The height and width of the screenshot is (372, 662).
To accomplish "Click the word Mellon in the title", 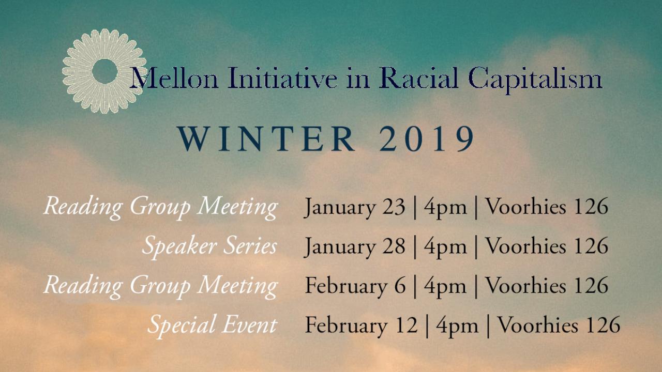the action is [x=174, y=78].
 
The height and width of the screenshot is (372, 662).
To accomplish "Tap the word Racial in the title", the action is [x=418, y=78].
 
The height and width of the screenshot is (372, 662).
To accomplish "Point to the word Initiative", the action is [x=282, y=78].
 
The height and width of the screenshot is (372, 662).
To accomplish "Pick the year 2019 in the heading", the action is [x=427, y=139].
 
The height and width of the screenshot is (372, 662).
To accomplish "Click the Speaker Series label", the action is [x=209, y=246].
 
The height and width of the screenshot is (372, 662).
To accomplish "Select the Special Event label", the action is [x=212, y=326].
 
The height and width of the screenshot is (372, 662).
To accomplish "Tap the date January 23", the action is [x=355, y=207].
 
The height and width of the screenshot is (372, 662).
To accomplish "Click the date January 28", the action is [x=355, y=247].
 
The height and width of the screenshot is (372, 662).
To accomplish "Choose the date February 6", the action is [x=355, y=286].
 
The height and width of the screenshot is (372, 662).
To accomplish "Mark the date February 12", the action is [x=361, y=326].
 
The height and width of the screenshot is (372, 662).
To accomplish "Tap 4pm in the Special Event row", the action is [x=457, y=326].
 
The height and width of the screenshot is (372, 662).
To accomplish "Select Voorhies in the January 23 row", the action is [x=526, y=206].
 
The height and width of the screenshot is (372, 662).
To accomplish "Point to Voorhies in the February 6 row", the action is [x=526, y=285].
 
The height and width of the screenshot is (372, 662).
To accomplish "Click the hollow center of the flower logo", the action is [x=104, y=71].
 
